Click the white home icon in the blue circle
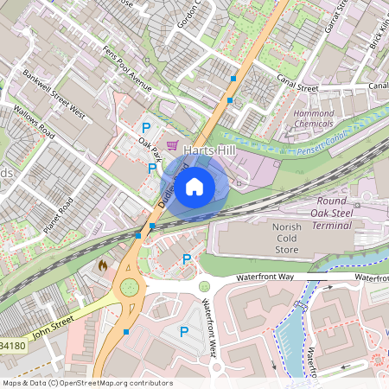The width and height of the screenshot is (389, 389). click(194, 185)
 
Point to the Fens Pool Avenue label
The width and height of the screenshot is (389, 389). click(127, 69)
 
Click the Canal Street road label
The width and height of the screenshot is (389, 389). click(297, 86)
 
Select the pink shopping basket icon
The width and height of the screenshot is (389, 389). click(172, 144)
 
